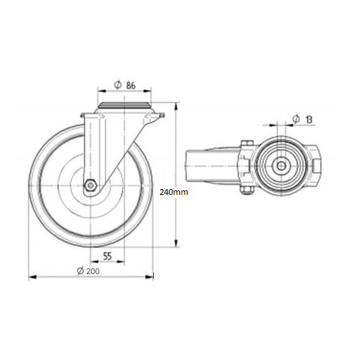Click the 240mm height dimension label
tap(174, 192)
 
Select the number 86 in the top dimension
tap(131, 86)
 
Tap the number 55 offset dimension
tap(107, 256)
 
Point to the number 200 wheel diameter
tap(93, 271)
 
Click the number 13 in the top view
tap(309, 119)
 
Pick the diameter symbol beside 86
tap(118, 85)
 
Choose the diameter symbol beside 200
tap(80, 271)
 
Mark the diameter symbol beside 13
tap(296, 119)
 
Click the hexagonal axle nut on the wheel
tap(91, 185)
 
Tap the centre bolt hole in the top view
tap(280, 165)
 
